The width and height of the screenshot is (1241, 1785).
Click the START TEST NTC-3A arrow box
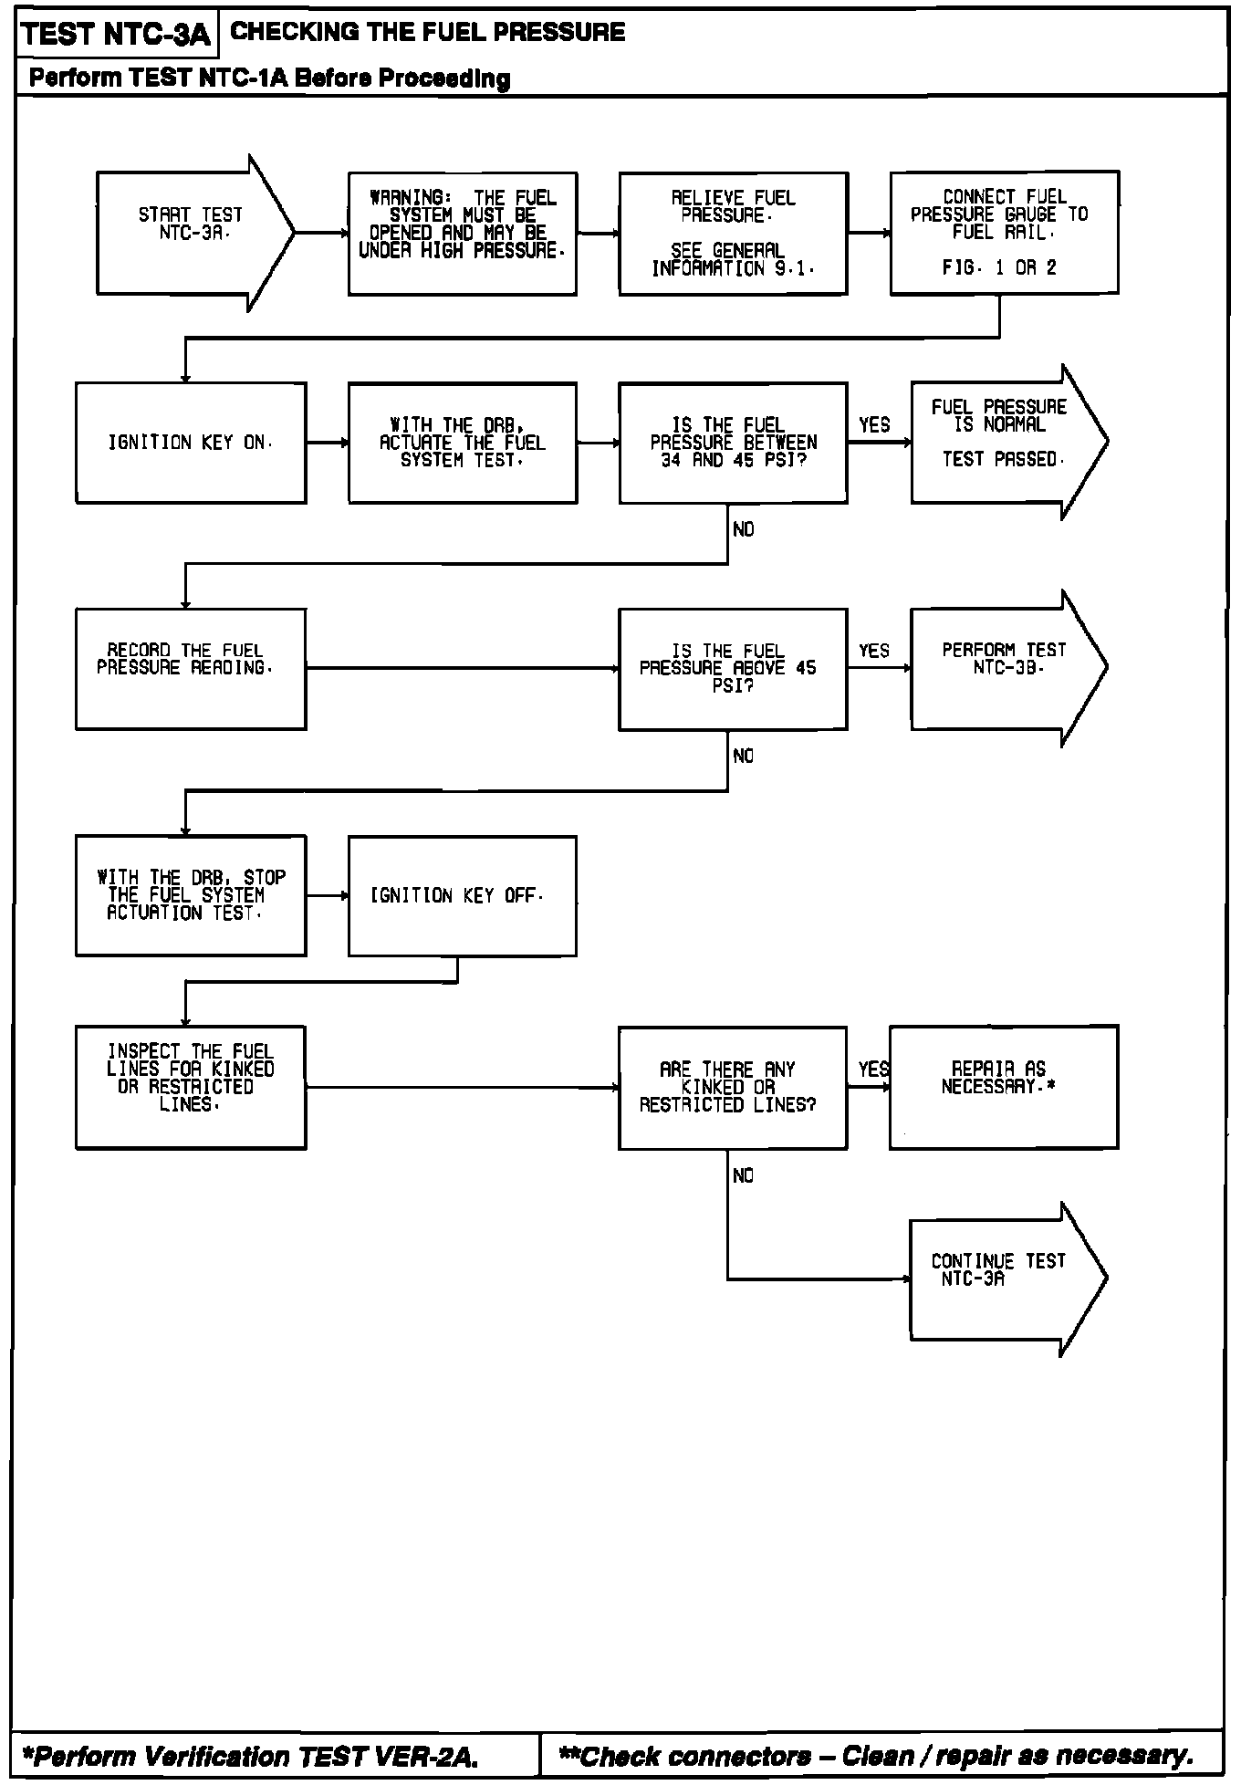click(192, 233)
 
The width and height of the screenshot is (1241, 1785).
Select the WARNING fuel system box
click(462, 233)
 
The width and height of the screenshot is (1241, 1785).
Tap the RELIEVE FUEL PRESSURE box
click(733, 233)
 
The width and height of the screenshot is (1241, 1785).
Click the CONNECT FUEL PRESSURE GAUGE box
click(1004, 232)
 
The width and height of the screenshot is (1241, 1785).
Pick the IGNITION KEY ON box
click(191, 443)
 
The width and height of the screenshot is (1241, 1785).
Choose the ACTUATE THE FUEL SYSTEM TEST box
click(462, 443)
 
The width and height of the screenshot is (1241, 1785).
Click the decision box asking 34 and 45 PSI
click(733, 443)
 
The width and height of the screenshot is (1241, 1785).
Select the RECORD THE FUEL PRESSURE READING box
click(191, 668)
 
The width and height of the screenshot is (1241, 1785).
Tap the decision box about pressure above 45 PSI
click(733, 668)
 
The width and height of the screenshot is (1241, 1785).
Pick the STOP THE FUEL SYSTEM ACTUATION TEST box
click(191, 895)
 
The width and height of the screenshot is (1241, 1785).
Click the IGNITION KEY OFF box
click(462, 895)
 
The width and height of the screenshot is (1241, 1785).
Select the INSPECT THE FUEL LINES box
click(191, 1087)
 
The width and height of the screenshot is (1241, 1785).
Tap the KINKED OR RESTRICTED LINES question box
click(733, 1087)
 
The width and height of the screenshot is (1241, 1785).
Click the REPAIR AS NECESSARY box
click(1004, 1086)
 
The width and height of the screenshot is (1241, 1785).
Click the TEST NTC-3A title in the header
click(116, 36)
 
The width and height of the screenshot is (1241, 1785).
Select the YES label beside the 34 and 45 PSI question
click(874, 425)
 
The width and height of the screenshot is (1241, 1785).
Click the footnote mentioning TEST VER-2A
click(253, 1755)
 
